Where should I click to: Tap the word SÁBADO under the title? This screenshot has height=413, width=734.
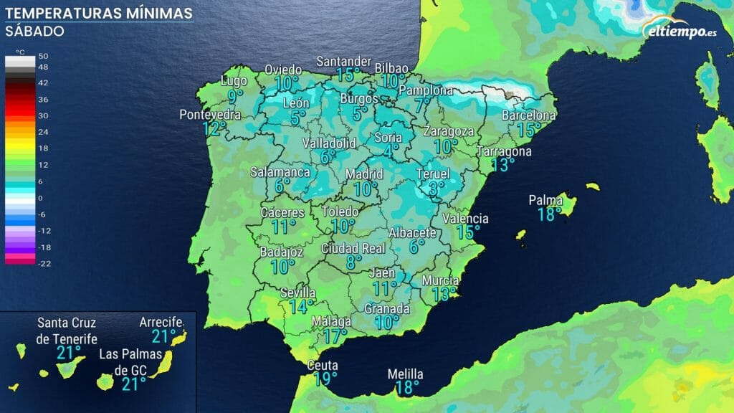[x=34, y=32]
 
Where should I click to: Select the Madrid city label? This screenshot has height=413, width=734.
[x=365, y=174]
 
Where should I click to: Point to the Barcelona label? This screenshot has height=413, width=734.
[x=529, y=115]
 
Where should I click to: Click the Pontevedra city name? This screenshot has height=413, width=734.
[x=210, y=115]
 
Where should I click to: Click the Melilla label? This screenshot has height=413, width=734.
[x=405, y=374]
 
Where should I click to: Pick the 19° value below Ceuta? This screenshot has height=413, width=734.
[x=325, y=379]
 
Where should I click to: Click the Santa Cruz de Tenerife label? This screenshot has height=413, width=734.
[x=67, y=331]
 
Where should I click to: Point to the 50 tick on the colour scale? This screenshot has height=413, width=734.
[x=43, y=56]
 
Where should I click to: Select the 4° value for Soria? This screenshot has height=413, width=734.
[x=391, y=151]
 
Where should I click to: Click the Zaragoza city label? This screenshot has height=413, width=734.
[x=449, y=131]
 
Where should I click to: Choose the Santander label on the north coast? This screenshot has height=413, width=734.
[x=344, y=61]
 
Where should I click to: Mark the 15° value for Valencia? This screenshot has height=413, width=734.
[x=469, y=232]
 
